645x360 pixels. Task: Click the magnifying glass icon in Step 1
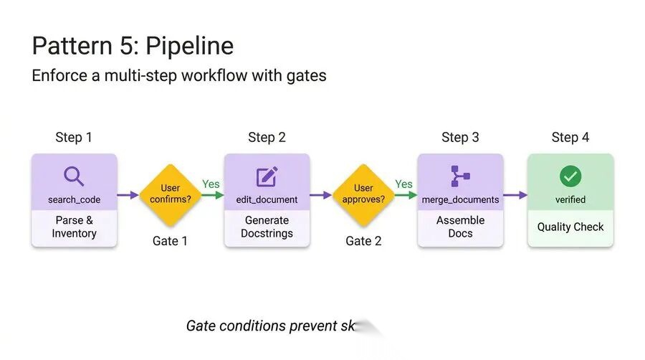coord(74,176)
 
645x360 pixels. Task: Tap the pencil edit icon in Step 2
coord(267,176)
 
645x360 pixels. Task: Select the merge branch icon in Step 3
coord(460,176)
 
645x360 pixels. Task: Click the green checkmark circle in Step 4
coord(570,176)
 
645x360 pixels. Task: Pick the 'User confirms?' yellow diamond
coord(170,194)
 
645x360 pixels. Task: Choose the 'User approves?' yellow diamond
coord(363,194)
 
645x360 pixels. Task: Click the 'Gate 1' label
coord(170,241)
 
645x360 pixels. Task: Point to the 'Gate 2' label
coord(363,241)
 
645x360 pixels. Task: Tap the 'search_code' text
coord(74,199)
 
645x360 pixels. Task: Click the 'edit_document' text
coord(267,199)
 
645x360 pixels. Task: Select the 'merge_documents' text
coord(460,199)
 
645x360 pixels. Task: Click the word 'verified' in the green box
coord(570,199)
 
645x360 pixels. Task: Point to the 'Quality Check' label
coord(570,227)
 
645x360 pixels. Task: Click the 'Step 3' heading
coord(460,137)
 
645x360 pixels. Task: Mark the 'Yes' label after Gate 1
coord(211,184)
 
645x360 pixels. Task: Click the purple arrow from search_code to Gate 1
coord(128,194)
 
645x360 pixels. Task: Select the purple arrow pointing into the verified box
coord(515,194)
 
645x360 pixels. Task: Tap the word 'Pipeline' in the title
coord(190,47)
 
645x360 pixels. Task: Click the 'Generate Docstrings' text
coord(267,227)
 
